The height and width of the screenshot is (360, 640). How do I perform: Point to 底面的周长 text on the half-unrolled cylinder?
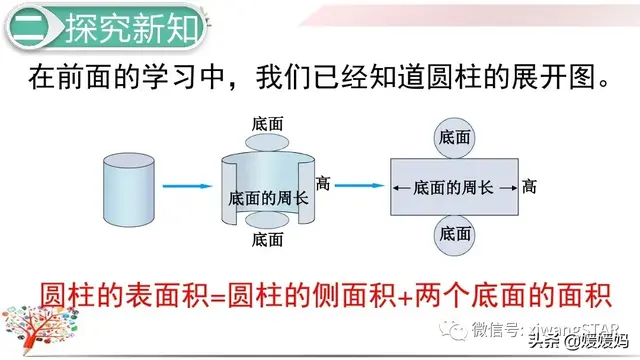268,198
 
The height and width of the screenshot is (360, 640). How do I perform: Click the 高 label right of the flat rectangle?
530,187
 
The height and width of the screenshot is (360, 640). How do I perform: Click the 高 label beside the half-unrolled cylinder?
323,183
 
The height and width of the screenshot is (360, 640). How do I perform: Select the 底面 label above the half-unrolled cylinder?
267,123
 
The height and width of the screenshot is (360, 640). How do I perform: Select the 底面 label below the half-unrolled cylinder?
267,240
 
